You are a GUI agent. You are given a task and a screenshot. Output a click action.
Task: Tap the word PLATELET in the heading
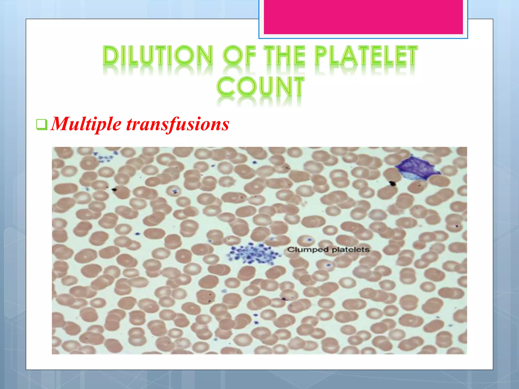tap(366, 55)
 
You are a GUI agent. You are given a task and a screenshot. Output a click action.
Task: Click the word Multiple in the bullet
tap(86, 124)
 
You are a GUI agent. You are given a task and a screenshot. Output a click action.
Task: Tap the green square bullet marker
tap(42, 124)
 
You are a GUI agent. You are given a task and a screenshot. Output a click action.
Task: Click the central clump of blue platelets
tap(253, 254)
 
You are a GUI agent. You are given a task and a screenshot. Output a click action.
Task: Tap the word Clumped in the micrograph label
tap(308, 250)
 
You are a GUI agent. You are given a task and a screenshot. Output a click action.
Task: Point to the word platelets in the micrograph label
tap(351, 250)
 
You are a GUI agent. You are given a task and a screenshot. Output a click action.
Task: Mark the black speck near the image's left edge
tap(114, 189)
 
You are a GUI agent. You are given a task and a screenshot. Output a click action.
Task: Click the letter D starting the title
tap(111, 55)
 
